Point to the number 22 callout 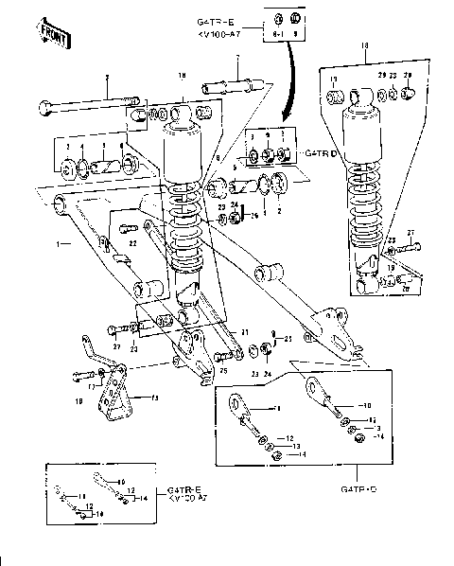pyautogui.click(x=133, y=244)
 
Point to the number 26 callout pyautogui.click(x=253, y=216)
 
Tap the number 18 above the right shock pyautogui.click(x=363, y=45)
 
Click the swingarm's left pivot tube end pyautogui.click(x=61, y=201)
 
